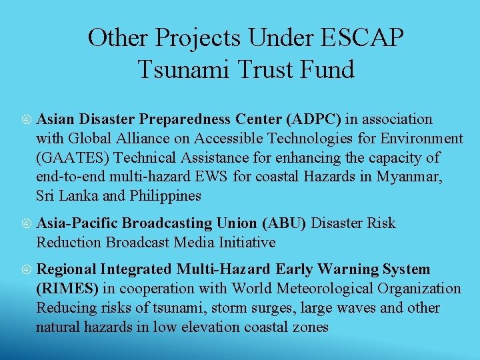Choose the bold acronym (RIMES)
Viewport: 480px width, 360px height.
pos(68,289)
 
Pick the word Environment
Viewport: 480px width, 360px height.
pos(421,139)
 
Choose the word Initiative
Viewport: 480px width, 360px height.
pos(246,242)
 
